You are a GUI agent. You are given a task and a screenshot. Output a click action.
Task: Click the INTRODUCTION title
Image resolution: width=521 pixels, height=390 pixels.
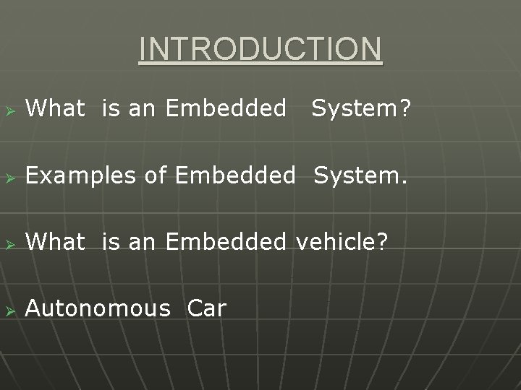(x=260, y=50)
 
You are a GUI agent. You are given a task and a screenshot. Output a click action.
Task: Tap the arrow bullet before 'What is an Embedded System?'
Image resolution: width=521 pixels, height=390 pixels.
(x=9, y=109)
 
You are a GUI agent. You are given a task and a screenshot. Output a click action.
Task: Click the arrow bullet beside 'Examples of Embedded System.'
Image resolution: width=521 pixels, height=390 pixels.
(x=9, y=175)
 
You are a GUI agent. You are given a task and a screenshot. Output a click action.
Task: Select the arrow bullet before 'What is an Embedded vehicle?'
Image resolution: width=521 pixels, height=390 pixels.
(x=9, y=243)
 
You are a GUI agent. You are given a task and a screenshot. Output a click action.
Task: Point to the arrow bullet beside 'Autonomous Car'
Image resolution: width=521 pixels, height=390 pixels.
(x=9, y=310)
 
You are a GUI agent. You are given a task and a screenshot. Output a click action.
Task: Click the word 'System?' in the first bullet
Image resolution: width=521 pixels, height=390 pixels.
(x=361, y=109)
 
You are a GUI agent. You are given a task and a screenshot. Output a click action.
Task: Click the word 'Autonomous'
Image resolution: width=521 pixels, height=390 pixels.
(x=97, y=310)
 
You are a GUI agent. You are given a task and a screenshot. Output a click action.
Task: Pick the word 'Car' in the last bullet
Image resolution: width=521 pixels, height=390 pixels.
(x=206, y=310)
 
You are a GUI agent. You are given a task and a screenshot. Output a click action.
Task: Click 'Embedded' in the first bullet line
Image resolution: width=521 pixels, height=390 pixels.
(x=226, y=109)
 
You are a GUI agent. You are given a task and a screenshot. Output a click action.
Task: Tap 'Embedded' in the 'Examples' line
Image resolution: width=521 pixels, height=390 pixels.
(x=235, y=175)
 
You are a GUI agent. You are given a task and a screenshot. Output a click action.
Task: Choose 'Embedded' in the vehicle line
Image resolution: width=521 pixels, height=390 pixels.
(x=226, y=243)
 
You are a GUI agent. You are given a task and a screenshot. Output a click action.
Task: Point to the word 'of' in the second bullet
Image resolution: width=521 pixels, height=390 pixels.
(x=156, y=175)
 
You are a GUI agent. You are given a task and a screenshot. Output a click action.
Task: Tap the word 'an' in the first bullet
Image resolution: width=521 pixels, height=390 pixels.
(x=143, y=109)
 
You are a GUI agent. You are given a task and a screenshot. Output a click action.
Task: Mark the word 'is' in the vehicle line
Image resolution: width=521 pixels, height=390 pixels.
(x=111, y=243)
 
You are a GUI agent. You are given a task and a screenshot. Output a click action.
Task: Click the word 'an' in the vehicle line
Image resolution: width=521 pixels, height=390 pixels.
(x=143, y=243)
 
